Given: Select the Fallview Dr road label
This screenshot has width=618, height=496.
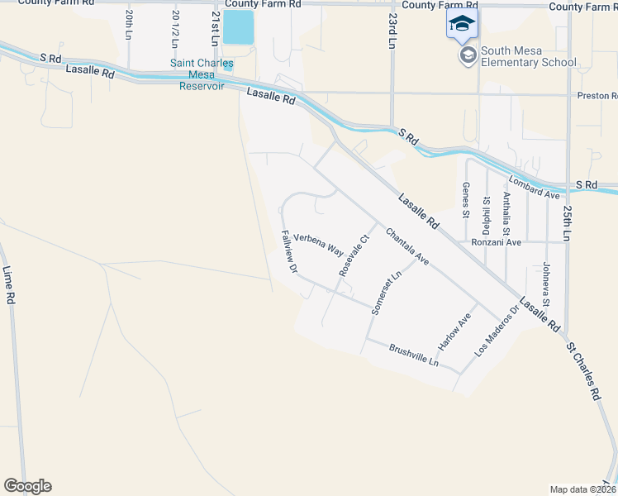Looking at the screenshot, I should coord(289,251).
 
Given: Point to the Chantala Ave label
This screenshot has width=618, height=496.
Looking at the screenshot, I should coord(407,247).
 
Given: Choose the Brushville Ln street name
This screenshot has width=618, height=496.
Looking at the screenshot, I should coord(413,356).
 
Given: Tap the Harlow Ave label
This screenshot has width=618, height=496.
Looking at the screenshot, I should coord(454,330).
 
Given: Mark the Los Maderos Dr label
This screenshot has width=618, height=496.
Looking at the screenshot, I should coord(497,331).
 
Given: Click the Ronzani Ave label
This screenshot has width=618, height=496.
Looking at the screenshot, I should coord(496,242).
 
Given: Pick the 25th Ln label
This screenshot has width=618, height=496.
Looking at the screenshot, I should coord(568,220).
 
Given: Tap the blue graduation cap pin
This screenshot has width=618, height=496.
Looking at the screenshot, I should coord(462,23).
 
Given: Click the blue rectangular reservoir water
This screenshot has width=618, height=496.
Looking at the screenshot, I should coord(239,27).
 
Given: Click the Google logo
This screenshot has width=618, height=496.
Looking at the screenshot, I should coord(27,486).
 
